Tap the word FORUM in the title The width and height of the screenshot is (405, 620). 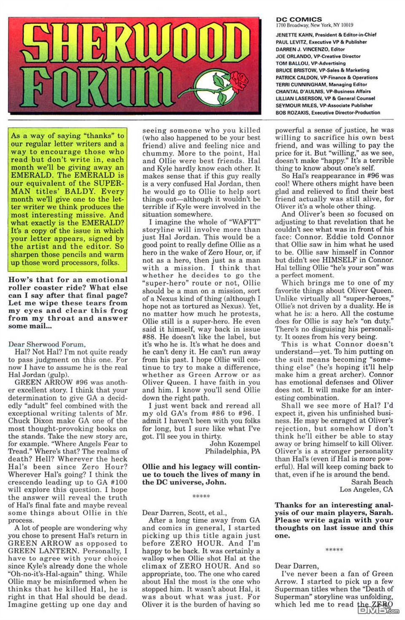pos(99,84)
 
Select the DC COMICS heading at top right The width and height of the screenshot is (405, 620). pos(299,19)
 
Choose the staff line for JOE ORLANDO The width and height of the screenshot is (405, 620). pos(318,56)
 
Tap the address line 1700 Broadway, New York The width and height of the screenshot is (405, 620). pos(314,25)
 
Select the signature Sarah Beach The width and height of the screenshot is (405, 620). pos(372,482)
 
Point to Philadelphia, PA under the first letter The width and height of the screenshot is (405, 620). pos(232,451)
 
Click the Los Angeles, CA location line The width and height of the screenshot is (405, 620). pos(366,489)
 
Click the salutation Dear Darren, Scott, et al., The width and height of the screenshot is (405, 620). pos(184,513)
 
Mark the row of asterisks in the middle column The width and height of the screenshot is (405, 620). pos(201,497)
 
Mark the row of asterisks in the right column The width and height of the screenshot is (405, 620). pos(334,550)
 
